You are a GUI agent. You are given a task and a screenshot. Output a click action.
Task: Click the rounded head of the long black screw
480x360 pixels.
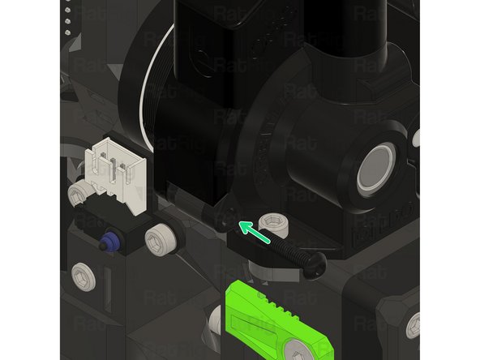(316, 260)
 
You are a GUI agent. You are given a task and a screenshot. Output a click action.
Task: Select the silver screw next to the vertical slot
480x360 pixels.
(84, 277)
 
